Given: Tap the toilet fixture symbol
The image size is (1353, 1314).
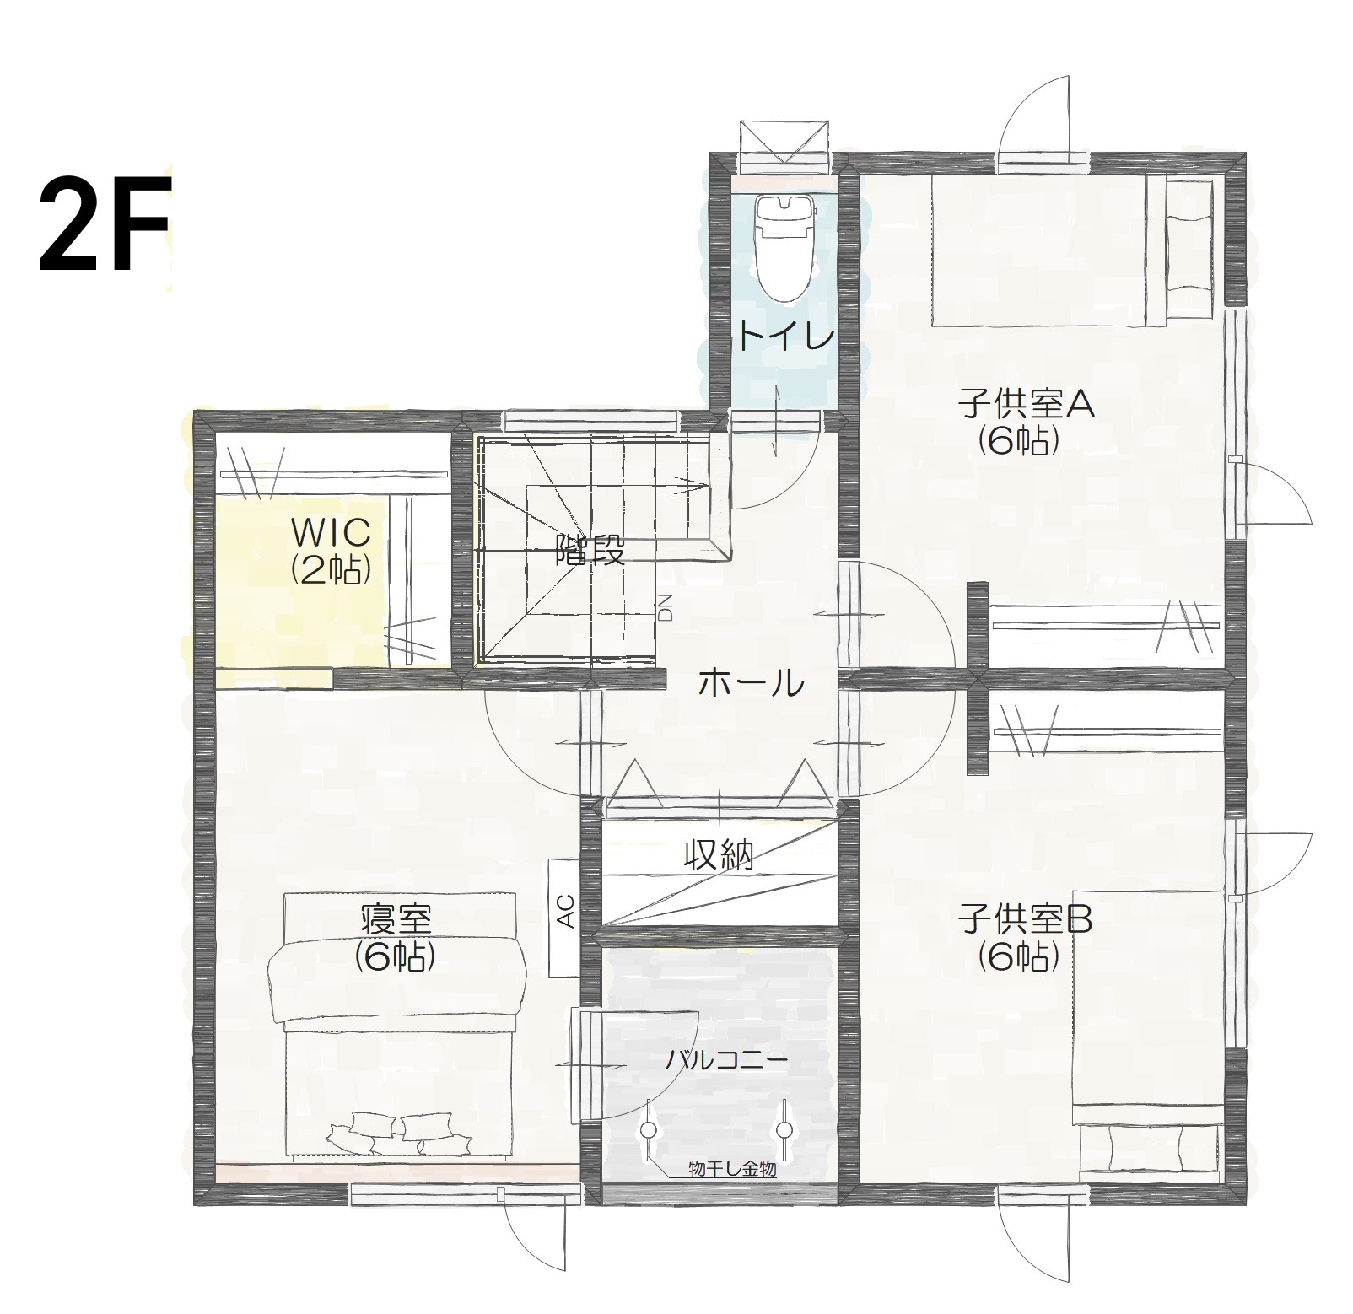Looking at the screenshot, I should [x=784, y=246].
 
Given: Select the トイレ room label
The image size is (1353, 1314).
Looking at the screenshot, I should [x=786, y=338].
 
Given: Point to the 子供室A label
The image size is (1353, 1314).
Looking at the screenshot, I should [x=1025, y=406].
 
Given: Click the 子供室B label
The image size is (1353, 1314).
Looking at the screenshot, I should [x=1025, y=920].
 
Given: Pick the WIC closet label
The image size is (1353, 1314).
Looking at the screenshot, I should [x=331, y=533].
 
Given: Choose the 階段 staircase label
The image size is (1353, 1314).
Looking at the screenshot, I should [x=590, y=552].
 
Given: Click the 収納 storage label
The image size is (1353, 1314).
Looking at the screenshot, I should [x=718, y=856].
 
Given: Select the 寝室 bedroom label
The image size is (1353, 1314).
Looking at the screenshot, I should [x=396, y=918].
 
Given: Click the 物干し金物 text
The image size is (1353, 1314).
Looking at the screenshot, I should [x=731, y=1170].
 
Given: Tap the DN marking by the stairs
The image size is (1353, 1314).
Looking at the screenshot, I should [x=666, y=607].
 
